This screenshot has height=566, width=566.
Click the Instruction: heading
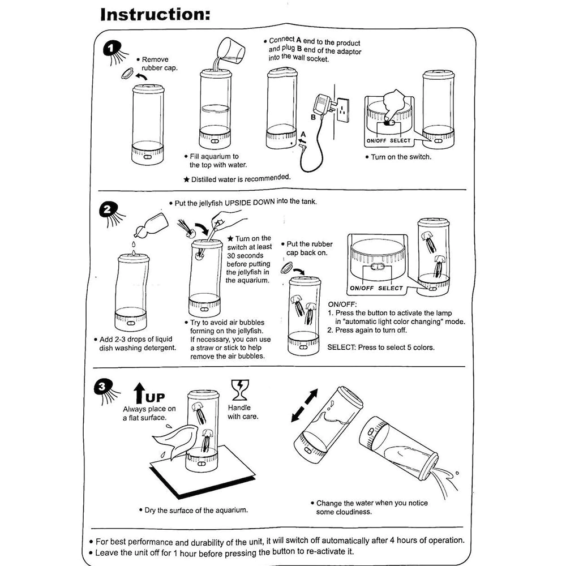(x=155, y=15)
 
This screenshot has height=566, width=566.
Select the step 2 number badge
(x=108, y=209)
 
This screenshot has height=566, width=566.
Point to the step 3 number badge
(x=102, y=387)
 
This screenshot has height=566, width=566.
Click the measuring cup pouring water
(x=231, y=52)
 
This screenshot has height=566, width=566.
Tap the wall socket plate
(x=342, y=109)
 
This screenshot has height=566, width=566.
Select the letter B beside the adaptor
(x=314, y=117)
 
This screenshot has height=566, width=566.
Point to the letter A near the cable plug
(x=303, y=134)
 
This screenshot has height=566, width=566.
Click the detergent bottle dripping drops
(x=152, y=226)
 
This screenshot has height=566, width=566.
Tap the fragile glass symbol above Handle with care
(x=240, y=390)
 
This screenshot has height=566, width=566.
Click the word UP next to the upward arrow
(x=155, y=397)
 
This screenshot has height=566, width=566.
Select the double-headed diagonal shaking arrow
(x=305, y=405)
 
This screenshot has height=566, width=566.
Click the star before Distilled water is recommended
(x=186, y=179)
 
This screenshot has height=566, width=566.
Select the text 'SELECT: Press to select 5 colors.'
(x=381, y=348)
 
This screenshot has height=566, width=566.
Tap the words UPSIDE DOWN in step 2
(x=250, y=203)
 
